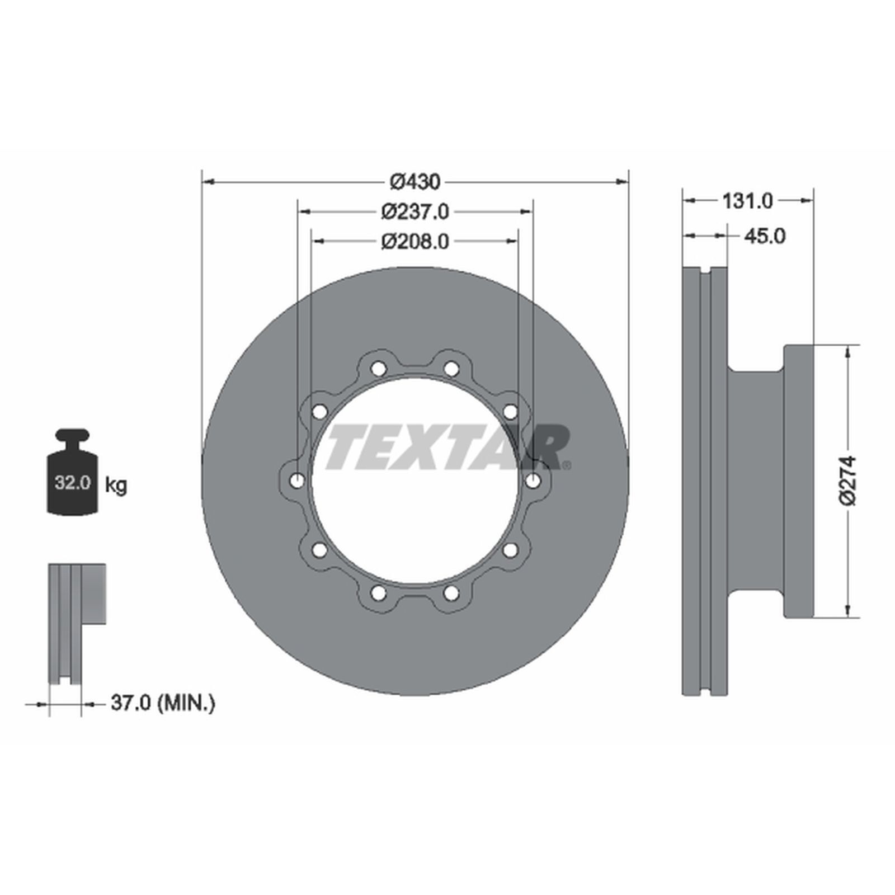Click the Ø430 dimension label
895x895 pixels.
[x=415, y=181]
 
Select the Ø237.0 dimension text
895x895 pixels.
[x=415, y=211]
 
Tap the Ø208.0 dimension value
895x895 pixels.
[x=415, y=241]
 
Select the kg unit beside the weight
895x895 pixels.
[x=116, y=484]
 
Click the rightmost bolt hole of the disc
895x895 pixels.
[x=533, y=480]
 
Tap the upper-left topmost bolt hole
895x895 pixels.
[x=379, y=369]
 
